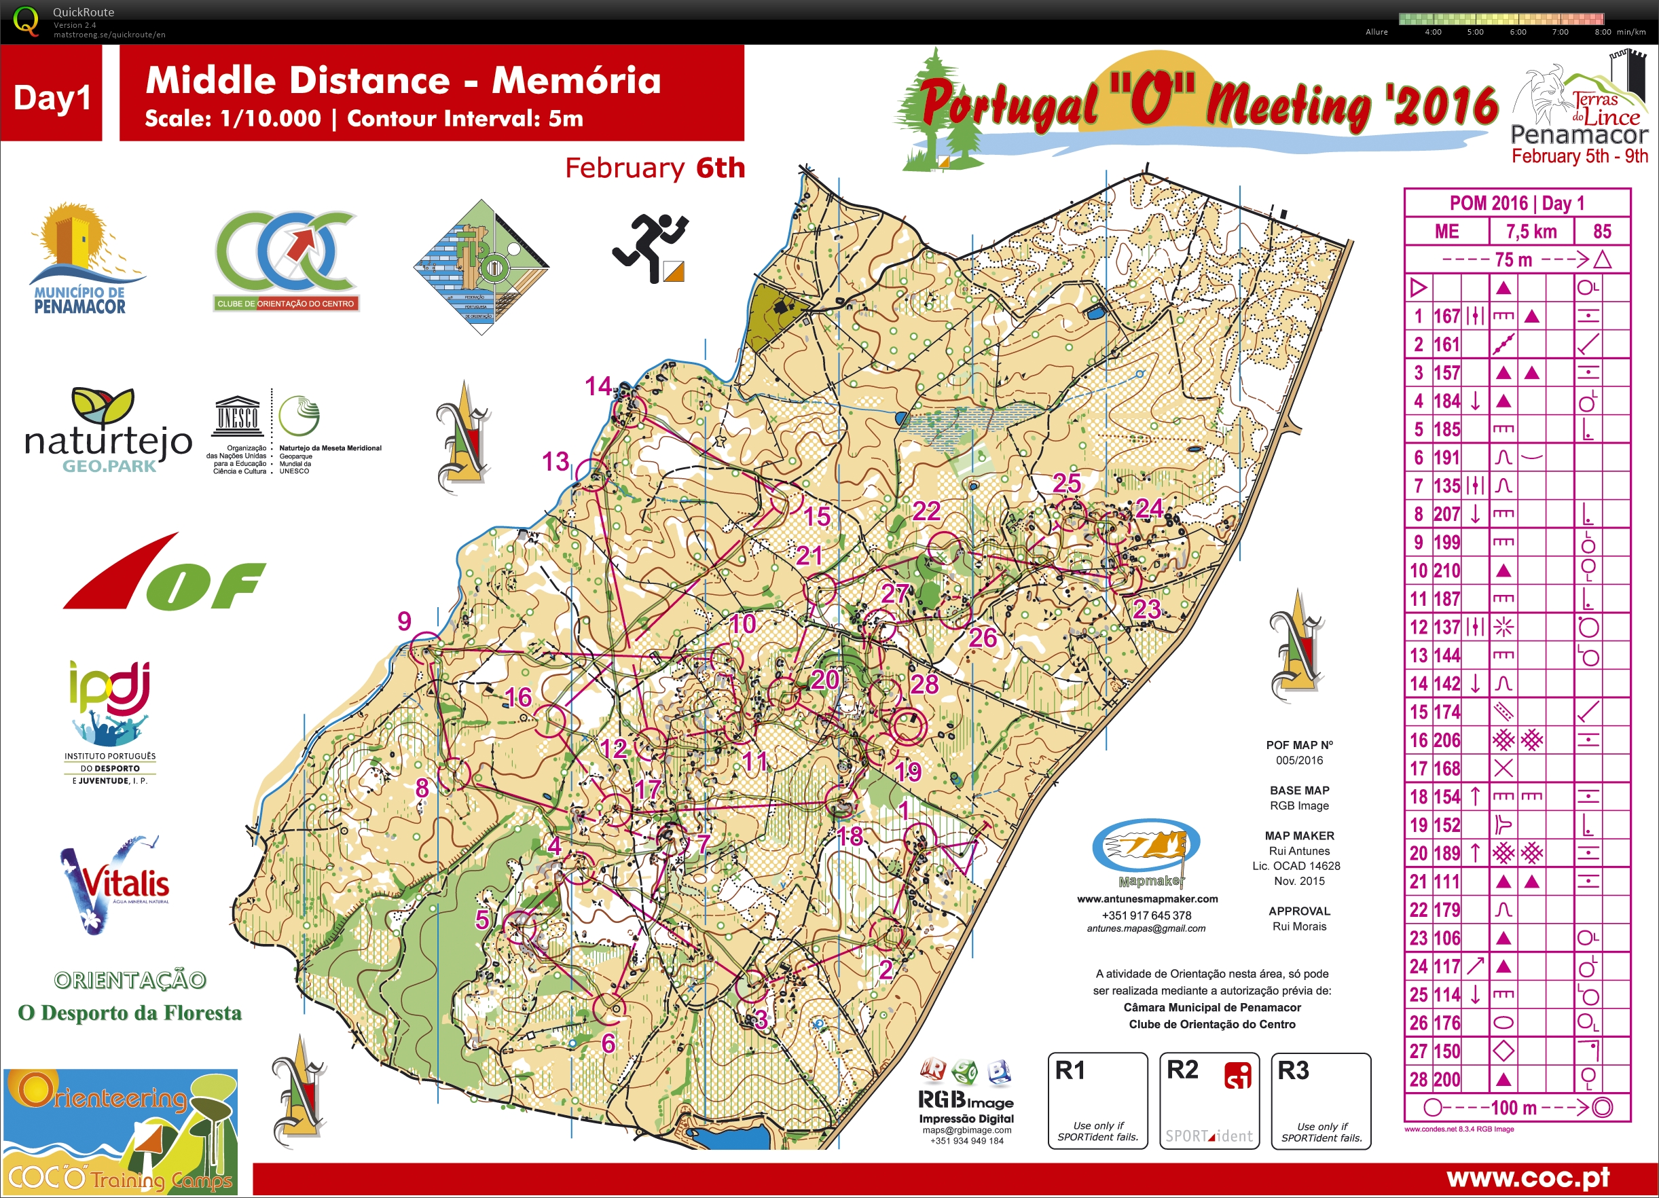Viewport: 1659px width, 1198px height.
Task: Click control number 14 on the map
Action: pos(598,386)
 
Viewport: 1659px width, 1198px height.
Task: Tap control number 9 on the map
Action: pos(404,621)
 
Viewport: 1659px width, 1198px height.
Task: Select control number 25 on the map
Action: pos(1066,484)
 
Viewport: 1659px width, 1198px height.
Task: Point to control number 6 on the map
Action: pos(608,1043)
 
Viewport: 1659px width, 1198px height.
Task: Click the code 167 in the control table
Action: pos(1446,316)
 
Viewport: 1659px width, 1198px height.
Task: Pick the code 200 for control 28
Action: pos(1446,1080)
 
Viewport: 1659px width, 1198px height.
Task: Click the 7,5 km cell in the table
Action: pos(1530,232)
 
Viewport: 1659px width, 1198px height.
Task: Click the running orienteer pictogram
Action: pos(650,247)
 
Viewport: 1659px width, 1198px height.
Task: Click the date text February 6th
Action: pos(655,168)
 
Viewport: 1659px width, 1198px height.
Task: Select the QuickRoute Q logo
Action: pos(26,20)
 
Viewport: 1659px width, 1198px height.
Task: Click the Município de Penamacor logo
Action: pos(84,259)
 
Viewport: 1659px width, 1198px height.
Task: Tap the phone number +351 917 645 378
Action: pos(1146,915)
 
